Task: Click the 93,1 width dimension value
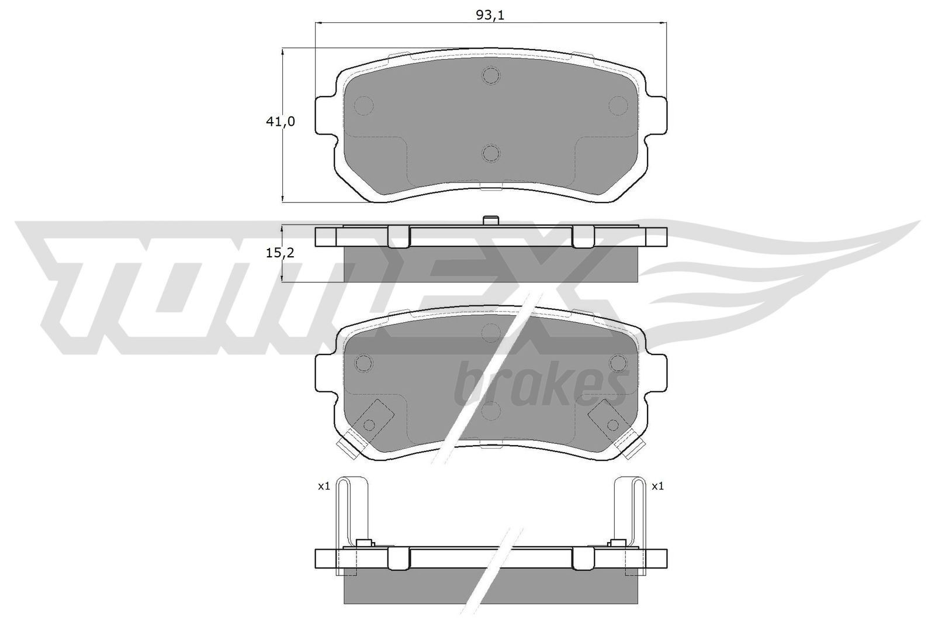coord(490,16)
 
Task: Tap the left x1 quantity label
coord(324,486)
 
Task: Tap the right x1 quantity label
coord(657,486)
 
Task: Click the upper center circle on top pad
coord(491,75)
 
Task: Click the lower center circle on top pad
coord(491,153)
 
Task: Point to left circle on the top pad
coord(363,105)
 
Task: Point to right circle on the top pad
coord(618,105)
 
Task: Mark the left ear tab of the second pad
coord(324,374)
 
